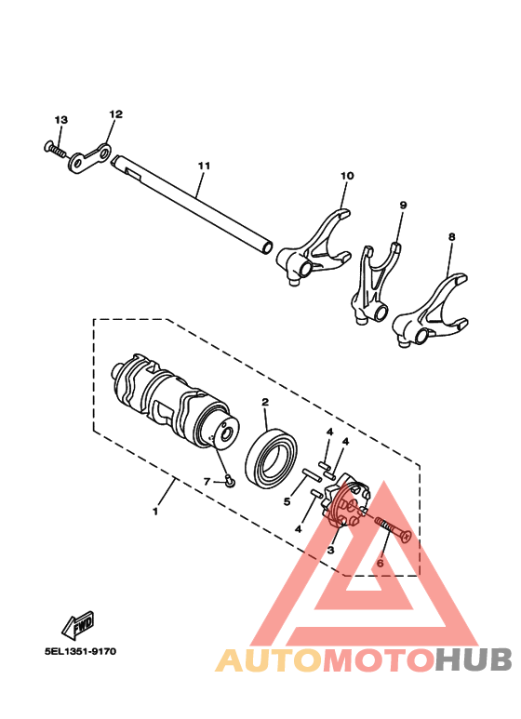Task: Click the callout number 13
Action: tap(61, 120)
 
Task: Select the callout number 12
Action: tap(115, 113)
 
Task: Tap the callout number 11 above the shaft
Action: tap(204, 166)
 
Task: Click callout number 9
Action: tap(404, 205)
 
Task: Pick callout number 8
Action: tap(451, 237)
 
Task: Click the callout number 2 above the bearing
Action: tap(265, 402)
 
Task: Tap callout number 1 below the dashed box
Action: tap(155, 511)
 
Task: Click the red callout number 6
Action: tap(380, 563)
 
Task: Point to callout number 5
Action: tap(287, 501)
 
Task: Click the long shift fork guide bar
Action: tap(195, 206)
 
